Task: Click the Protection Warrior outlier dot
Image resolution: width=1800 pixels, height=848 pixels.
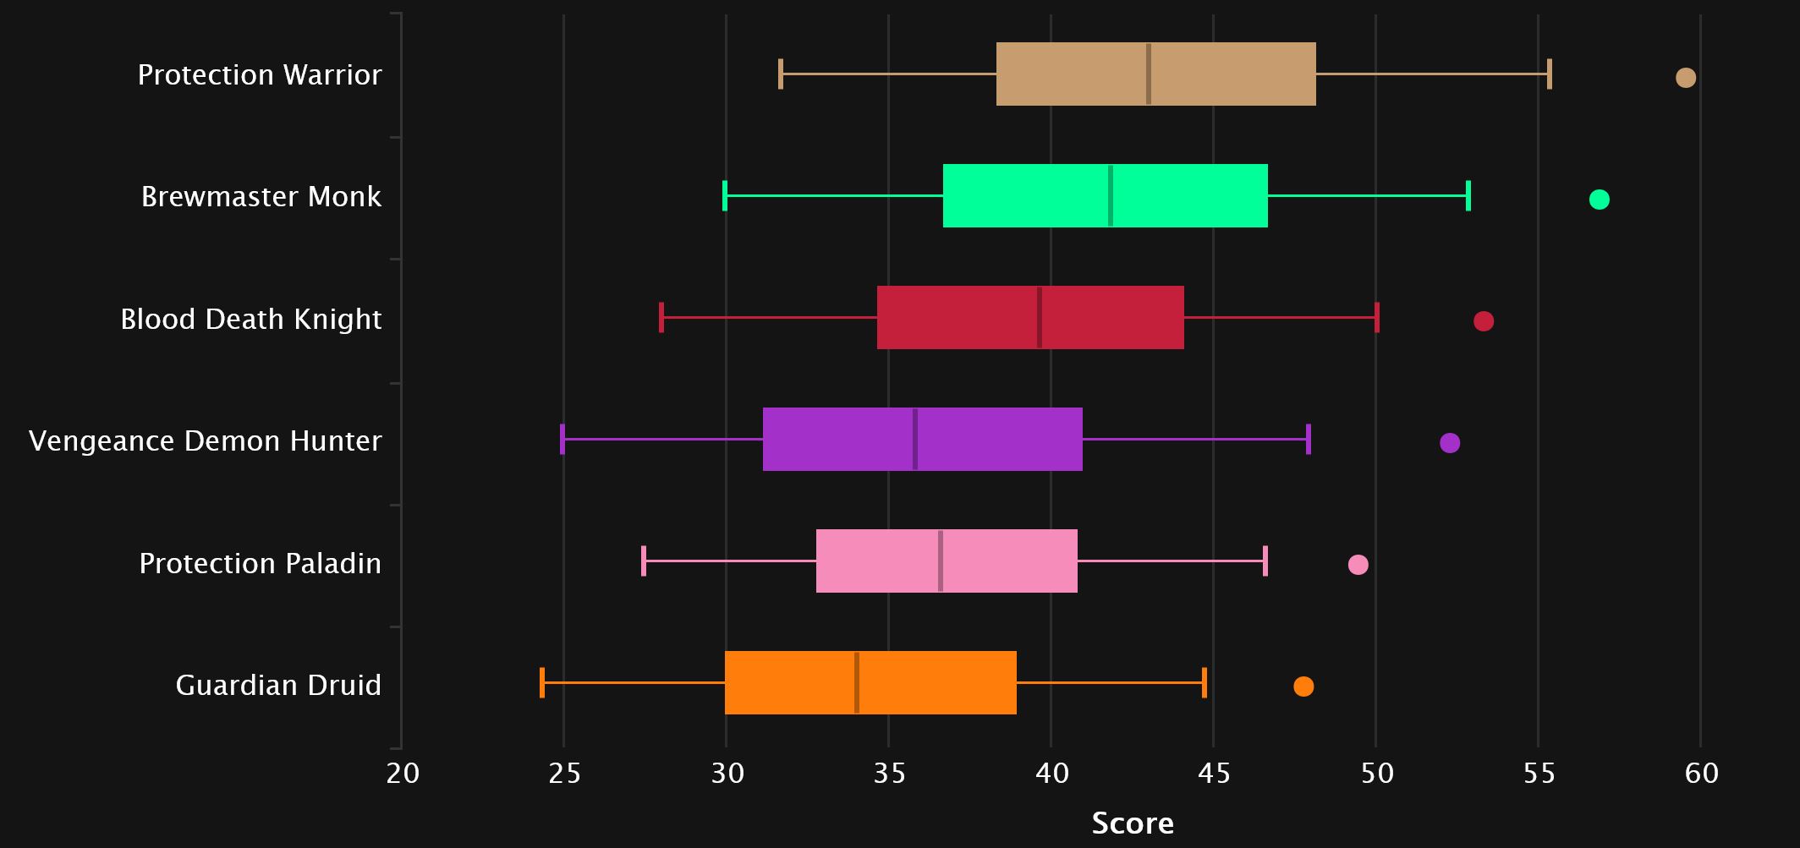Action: click(x=1685, y=78)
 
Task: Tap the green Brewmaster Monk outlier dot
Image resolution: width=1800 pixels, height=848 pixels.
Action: click(x=1599, y=200)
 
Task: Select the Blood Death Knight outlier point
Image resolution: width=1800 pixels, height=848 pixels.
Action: click(x=1483, y=321)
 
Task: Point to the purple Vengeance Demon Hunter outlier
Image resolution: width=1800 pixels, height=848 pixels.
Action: click(x=1449, y=443)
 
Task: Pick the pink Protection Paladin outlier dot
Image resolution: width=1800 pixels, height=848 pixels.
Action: click(x=1358, y=565)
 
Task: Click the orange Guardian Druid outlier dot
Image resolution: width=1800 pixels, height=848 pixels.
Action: click(x=1303, y=687)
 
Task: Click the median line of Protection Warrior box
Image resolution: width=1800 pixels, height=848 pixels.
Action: click(x=1148, y=74)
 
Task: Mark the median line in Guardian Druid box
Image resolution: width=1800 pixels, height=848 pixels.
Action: click(x=857, y=682)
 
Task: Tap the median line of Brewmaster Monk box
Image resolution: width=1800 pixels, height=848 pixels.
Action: click(x=1110, y=195)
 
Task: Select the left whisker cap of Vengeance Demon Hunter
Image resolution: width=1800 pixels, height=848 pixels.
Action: click(x=562, y=440)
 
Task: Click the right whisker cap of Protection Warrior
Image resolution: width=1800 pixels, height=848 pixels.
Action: click(x=1549, y=74)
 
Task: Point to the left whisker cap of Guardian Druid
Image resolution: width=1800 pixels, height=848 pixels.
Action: click(x=542, y=682)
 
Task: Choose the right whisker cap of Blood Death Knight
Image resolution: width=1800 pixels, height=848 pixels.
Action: click(x=1377, y=317)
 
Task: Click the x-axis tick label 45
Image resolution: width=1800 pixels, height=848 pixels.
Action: click(x=1214, y=773)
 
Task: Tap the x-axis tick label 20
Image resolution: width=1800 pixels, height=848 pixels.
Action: click(x=403, y=773)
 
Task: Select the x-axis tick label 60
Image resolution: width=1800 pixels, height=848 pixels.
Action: click(x=1701, y=773)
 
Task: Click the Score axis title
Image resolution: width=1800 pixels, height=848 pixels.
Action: click(x=1133, y=823)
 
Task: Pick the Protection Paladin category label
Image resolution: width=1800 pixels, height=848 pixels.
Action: click(x=260, y=563)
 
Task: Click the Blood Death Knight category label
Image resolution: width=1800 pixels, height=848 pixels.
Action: click(x=250, y=319)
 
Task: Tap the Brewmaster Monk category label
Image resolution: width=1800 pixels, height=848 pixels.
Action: click(x=261, y=196)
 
